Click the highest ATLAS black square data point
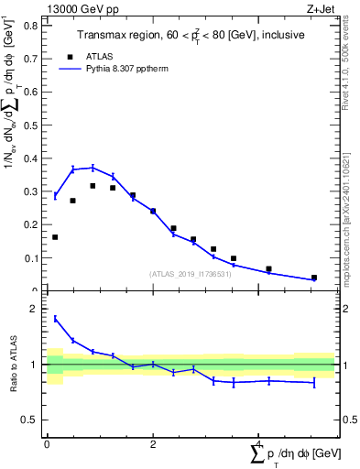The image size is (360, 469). pos(93,186)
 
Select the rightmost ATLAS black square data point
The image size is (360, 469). pos(313,278)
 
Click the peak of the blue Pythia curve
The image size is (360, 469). pos(93,168)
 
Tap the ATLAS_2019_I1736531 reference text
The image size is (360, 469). pos(190,274)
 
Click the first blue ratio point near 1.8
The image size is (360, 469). pos(55,318)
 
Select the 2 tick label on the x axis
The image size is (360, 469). pos(152,444)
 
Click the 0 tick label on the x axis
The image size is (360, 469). pos(47,444)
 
